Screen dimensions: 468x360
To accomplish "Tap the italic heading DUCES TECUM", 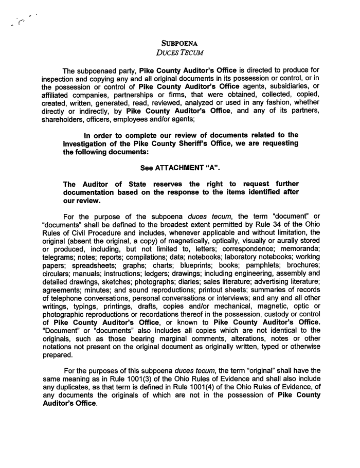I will (179, 52).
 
